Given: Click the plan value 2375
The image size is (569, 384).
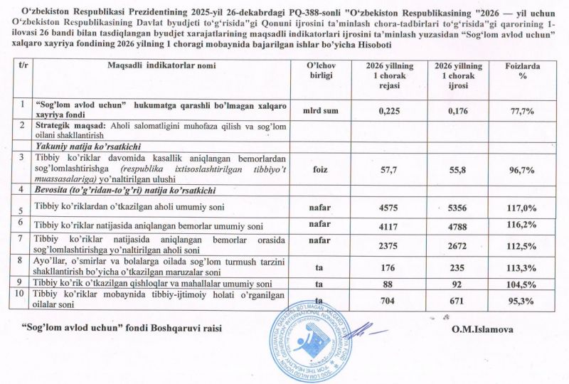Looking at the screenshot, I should coord(390,244).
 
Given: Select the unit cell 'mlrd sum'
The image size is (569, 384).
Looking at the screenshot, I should coord(316,110).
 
